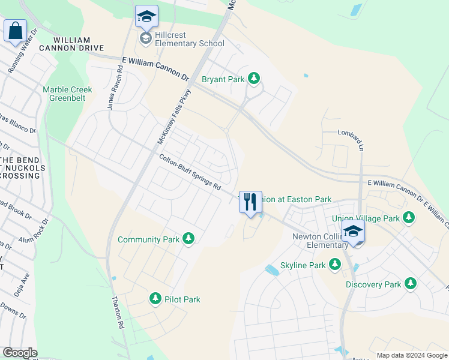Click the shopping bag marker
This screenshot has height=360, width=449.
[15, 30]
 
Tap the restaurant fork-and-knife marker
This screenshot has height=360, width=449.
[250, 202]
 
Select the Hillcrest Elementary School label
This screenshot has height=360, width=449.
[189, 43]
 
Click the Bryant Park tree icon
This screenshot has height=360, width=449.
[254, 79]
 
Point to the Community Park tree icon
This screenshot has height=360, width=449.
[188, 239]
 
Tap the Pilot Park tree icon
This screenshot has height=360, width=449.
[155, 299]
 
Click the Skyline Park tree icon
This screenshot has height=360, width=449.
[335, 265]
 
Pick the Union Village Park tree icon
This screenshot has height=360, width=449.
[409, 219]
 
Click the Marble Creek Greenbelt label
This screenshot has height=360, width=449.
[67, 94]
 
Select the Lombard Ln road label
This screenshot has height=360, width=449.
[351, 133]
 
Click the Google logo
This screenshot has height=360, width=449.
[20, 353]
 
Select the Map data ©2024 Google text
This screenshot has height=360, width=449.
[412, 355]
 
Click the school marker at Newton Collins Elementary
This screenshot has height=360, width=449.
[353, 232]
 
